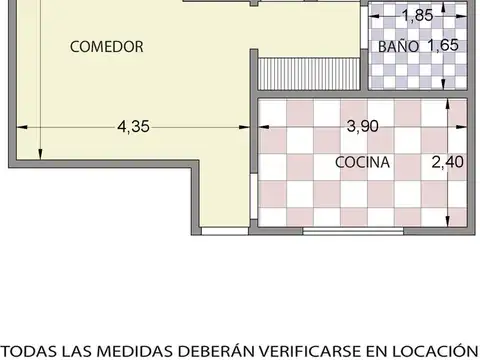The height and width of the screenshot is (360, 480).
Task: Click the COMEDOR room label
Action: tap(107, 46)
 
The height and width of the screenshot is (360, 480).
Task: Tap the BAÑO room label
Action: tap(397, 47)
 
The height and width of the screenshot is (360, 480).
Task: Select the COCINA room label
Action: tap(362, 162)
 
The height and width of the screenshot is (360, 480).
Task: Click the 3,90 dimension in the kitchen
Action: tap(363, 127)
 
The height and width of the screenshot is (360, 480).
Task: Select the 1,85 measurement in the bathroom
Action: tap(417, 16)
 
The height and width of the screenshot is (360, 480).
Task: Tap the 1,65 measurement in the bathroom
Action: tap(442, 46)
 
